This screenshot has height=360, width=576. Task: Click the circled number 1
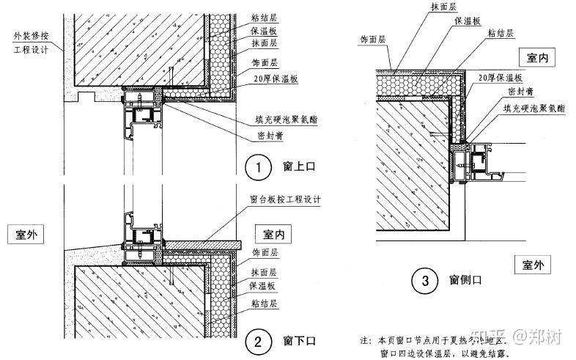258,168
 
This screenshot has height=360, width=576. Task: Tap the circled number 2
258,340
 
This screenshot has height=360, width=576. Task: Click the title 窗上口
298,168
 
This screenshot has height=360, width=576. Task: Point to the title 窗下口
298,340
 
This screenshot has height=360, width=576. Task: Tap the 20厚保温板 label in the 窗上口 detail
270,79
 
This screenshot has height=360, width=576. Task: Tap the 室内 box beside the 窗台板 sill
273,234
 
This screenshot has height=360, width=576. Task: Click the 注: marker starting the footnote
365,342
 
